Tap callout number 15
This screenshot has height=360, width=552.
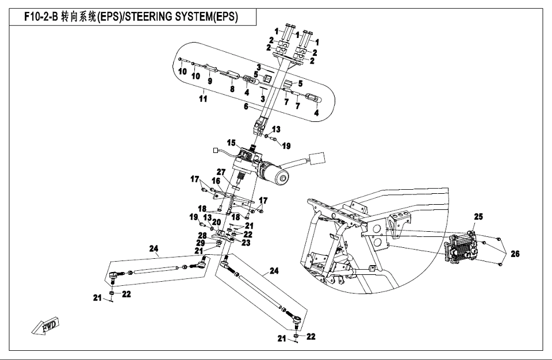tap(231, 142)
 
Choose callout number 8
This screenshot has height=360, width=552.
tap(232, 89)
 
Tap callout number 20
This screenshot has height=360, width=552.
tap(217, 222)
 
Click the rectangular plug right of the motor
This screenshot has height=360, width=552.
tap(317, 158)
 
